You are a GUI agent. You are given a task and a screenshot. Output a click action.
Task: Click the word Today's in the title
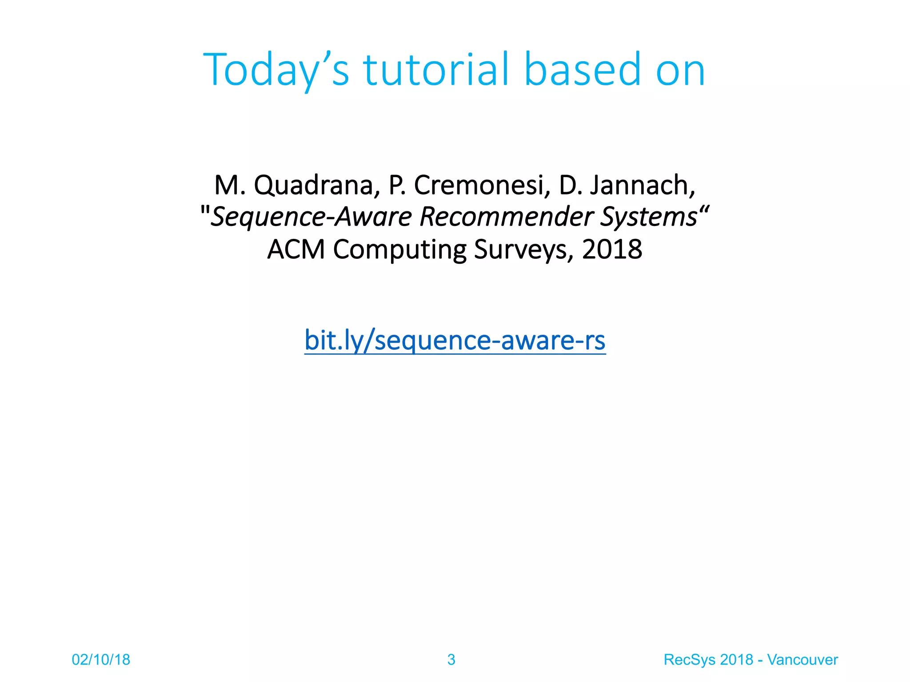276,70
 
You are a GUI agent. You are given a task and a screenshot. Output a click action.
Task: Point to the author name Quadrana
313,186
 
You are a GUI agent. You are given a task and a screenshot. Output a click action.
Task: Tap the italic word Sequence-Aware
311,217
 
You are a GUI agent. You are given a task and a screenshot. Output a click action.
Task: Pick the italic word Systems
649,217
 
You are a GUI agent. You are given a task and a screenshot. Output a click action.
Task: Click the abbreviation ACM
296,249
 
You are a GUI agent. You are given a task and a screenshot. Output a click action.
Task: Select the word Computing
399,250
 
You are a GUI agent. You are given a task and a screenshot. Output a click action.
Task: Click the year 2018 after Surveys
612,249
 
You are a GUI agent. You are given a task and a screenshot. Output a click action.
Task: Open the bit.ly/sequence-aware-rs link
455,341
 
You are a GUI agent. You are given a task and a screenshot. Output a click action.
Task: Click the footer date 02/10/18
101,659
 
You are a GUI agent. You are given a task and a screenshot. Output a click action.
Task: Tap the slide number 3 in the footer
451,659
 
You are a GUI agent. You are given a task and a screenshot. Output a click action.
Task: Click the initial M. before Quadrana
229,186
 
